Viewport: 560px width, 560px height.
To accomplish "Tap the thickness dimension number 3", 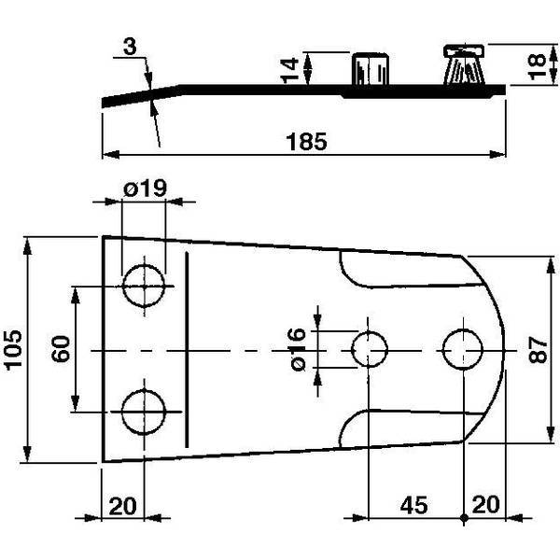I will (x=131, y=47).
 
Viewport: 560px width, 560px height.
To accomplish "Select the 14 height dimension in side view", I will (x=290, y=66).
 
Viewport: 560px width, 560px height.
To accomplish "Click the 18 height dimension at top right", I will (x=534, y=65).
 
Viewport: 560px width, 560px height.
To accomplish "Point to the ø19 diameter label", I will (x=144, y=189).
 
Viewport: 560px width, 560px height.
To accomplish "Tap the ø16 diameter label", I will (x=298, y=351).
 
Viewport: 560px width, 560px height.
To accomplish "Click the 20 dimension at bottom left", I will (x=122, y=506).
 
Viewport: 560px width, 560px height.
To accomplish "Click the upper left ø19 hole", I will (x=144, y=285).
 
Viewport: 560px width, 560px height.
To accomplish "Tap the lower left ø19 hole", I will (x=144, y=412).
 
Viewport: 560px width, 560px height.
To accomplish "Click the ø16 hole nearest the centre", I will (x=370, y=349).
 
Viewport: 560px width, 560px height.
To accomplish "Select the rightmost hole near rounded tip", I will (x=464, y=349).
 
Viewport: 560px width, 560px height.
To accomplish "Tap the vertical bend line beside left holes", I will (x=186, y=349).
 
